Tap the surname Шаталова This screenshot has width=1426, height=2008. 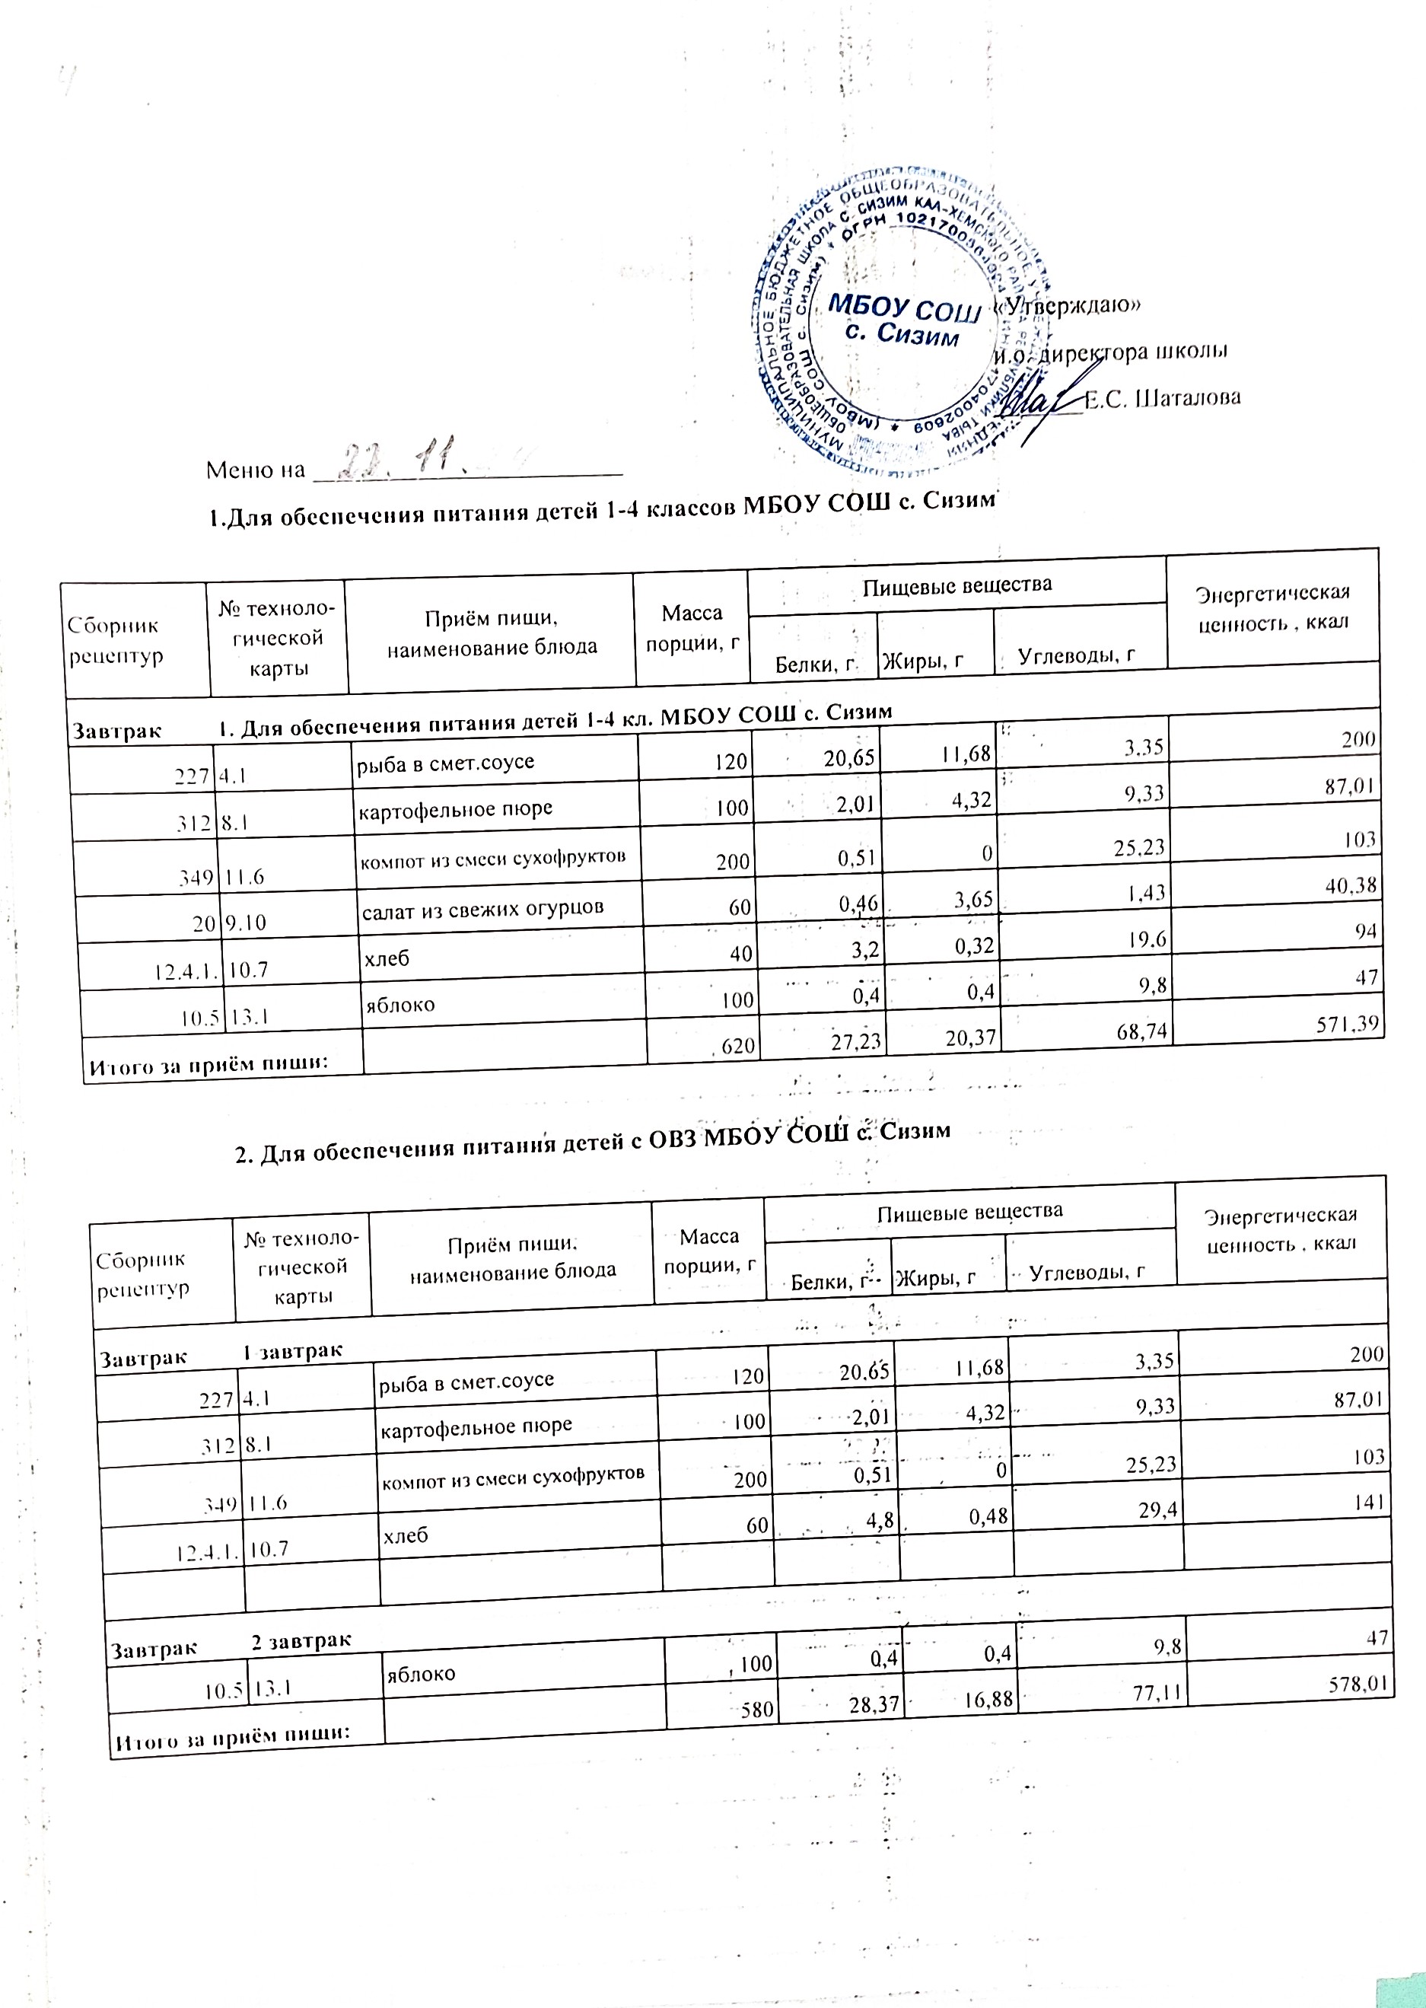(x=1162, y=398)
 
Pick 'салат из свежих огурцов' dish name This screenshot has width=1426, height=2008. (x=482, y=907)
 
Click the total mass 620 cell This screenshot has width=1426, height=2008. (x=736, y=1047)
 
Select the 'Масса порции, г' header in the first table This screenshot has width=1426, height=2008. (x=692, y=627)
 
